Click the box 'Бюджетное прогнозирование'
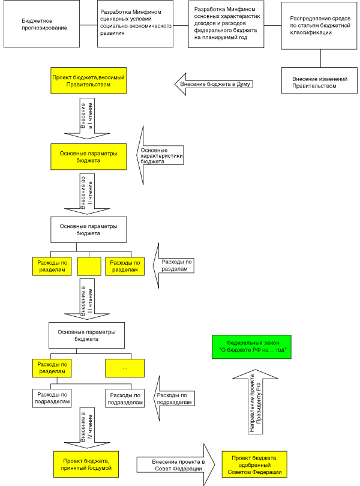[x=41, y=24]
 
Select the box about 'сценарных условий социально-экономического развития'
[x=135, y=24]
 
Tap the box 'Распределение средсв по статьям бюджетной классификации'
[x=319, y=26]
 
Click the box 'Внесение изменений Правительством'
[x=319, y=80]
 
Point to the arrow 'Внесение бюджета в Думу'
[x=214, y=85]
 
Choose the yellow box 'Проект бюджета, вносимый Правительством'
[x=89, y=80]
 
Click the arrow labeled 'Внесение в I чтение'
[x=87, y=119]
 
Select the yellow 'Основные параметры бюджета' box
[x=89, y=157]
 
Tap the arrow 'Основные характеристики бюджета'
[x=160, y=155]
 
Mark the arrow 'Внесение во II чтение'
[x=87, y=194]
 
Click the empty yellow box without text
[x=89, y=266]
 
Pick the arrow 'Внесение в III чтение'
[x=87, y=299]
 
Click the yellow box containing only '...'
[x=125, y=368]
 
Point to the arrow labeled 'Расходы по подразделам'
[x=174, y=398]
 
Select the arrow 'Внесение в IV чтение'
[x=87, y=428]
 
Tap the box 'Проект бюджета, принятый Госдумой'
[x=86, y=464]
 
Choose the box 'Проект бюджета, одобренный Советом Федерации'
[x=254, y=464]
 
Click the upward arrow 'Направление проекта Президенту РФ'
[x=255, y=401]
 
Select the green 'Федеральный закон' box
[x=252, y=347]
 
